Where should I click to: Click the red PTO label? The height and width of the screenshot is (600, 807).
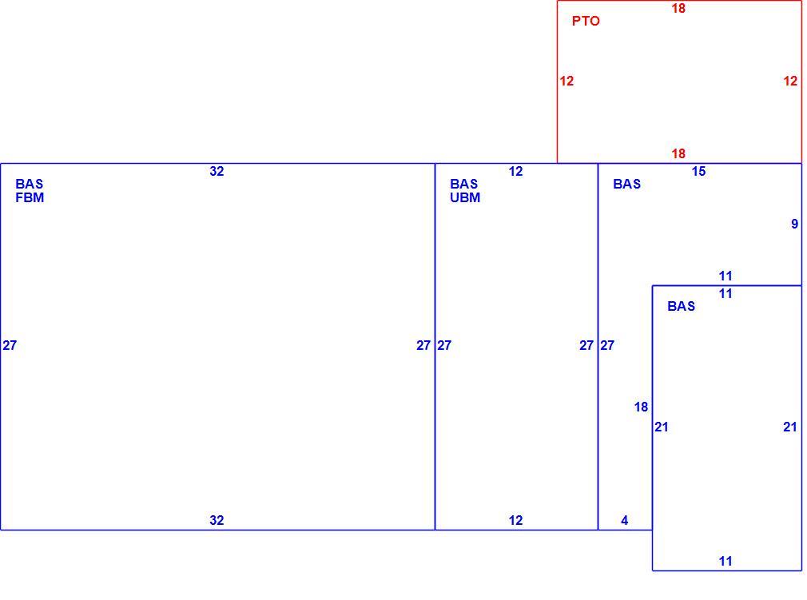coord(586,21)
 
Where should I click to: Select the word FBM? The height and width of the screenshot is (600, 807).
coord(30,197)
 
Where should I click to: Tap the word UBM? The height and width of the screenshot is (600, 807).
coord(465,197)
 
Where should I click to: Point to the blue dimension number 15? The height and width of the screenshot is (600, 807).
coord(698,171)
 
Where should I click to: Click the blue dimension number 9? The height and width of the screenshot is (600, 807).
coord(795,224)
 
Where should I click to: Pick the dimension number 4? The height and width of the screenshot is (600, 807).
coord(624,520)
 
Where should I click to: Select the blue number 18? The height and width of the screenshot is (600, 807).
coord(641,407)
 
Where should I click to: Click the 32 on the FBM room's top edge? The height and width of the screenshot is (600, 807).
coord(217,171)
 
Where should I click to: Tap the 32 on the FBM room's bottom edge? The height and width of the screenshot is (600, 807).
coord(217,520)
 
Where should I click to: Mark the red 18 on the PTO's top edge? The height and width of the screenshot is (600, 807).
coord(678,8)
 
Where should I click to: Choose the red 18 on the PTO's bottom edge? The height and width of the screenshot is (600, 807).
coord(678,153)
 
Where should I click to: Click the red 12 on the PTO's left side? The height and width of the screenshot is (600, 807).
coord(566,81)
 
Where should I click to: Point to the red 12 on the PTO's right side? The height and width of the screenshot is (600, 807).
coord(790,81)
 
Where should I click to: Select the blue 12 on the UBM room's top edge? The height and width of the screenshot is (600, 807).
coord(515,171)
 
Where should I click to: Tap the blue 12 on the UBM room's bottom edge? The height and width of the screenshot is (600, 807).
coord(515,520)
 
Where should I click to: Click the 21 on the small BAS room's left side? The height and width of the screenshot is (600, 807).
coord(662,427)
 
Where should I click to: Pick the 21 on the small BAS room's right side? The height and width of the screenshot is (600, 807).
coord(790,427)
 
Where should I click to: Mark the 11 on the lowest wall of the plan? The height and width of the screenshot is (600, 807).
coord(726,561)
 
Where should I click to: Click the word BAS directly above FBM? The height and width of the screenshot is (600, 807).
coord(30,184)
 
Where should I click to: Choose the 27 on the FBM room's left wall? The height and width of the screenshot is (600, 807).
coord(10,345)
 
